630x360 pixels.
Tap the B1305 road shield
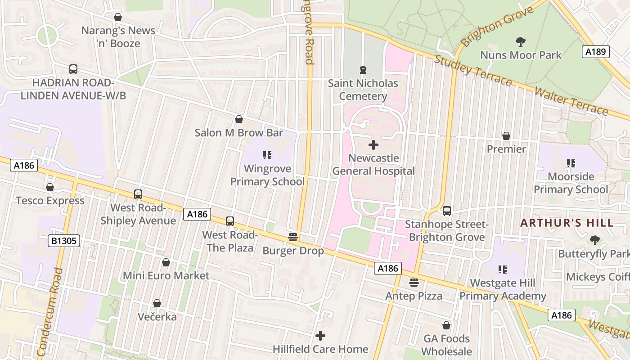(x=64, y=241)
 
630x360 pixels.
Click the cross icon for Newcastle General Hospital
(x=373, y=145)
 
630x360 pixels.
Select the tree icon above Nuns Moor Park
(x=521, y=42)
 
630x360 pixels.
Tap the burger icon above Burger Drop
(x=293, y=237)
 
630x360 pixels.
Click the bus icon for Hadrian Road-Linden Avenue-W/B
(x=73, y=69)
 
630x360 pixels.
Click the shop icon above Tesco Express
(x=50, y=187)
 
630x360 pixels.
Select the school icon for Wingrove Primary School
(x=267, y=156)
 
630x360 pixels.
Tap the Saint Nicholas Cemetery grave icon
(x=363, y=70)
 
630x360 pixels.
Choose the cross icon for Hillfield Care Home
(x=320, y=336)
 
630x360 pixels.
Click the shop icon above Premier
(x=506, y=136)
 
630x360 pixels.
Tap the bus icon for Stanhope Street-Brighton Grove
(x=447, y=211)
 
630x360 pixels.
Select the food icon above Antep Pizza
(x=414, y=283)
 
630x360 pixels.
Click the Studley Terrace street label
(x=473, y=70)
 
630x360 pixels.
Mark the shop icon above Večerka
(x=157, y=304)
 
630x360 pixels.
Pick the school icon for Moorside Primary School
(x=571, y=163)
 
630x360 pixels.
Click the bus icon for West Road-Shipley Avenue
(x=138, y=194)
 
